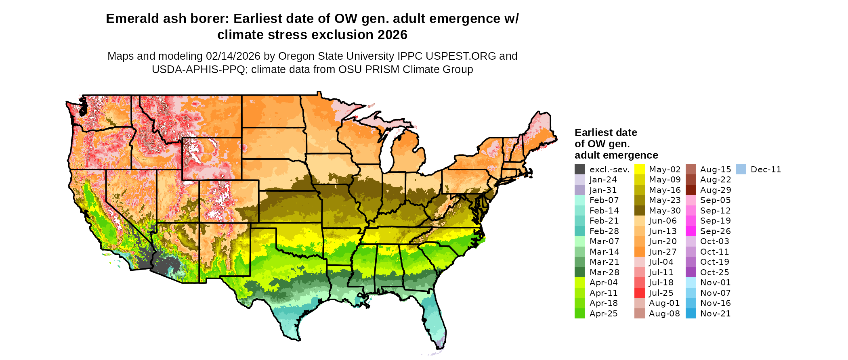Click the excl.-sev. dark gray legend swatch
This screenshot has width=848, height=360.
[580, 170]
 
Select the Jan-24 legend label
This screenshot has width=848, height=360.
[603, 180]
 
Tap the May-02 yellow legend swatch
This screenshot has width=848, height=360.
[640, 170]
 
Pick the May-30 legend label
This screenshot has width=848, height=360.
[665, 211]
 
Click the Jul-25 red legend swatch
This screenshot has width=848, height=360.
[640, 293]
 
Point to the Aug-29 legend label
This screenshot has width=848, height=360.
[716, 190]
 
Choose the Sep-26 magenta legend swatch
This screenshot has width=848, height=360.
[691, 231]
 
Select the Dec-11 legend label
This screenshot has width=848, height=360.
[766, 170]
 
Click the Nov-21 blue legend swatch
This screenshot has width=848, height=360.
[691, 314]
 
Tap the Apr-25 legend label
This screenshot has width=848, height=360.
[603, 314]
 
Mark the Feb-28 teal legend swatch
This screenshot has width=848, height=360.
[580, 231]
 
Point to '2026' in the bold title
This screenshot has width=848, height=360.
[393, 35]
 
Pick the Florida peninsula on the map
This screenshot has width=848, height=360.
[435, 319]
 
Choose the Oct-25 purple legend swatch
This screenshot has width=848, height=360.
[691, 272]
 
